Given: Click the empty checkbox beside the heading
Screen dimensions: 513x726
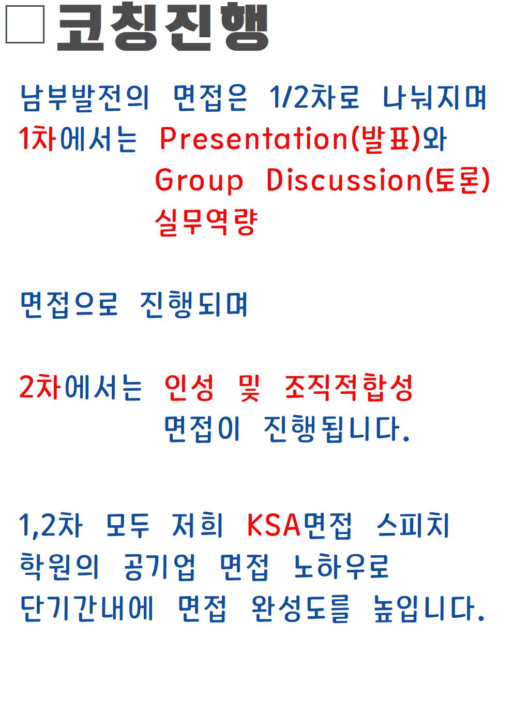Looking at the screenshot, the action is click(25, 24).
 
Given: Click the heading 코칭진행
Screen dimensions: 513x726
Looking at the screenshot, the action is click(162, 26).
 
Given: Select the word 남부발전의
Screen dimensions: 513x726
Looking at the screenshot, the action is click(84, 98).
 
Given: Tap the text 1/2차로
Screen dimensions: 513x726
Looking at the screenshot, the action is click(314, 97).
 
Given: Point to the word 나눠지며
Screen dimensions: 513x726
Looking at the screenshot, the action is click(434, 98).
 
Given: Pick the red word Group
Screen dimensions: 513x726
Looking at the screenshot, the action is click(199, 180).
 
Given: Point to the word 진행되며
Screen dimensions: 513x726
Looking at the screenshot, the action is click(194, 304).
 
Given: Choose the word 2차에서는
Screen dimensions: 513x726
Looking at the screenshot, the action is click(81, 387).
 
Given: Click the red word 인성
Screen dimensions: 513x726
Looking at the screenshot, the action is click(189, 387).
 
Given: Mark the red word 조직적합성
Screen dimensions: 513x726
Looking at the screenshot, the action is click(348, 387).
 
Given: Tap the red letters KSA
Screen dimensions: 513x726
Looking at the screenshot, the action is click(274, 526).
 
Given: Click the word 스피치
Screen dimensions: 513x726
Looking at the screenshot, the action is click(413, 525).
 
